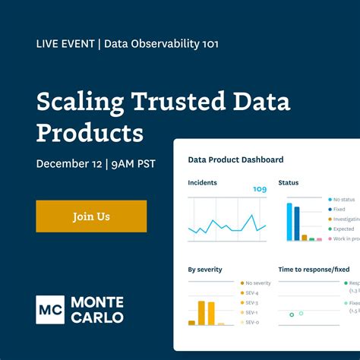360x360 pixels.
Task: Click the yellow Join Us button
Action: (91, 216)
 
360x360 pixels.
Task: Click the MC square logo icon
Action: (50, 309)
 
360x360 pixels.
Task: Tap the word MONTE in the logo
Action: (96, 302)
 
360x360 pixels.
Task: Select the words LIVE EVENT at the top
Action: (65, 43)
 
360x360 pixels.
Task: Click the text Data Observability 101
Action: (161, 43)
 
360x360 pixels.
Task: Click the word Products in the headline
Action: (90, 133)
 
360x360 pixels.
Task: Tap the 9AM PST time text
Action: (135, 163)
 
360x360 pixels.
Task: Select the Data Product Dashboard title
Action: (235, 159)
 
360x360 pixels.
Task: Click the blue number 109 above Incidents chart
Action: (259, 189)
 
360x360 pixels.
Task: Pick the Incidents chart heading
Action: (203, 183)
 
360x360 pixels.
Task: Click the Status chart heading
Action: (289, 183)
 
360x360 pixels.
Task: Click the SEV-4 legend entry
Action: (251, 292)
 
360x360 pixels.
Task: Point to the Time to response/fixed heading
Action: (314, 269)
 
